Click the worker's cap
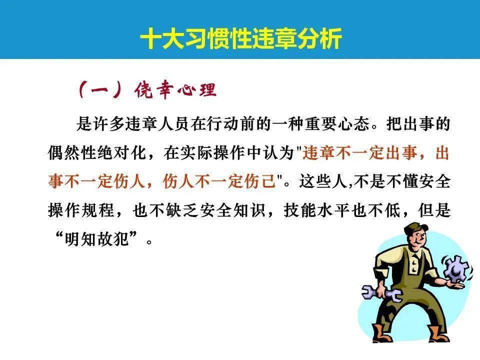413,229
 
